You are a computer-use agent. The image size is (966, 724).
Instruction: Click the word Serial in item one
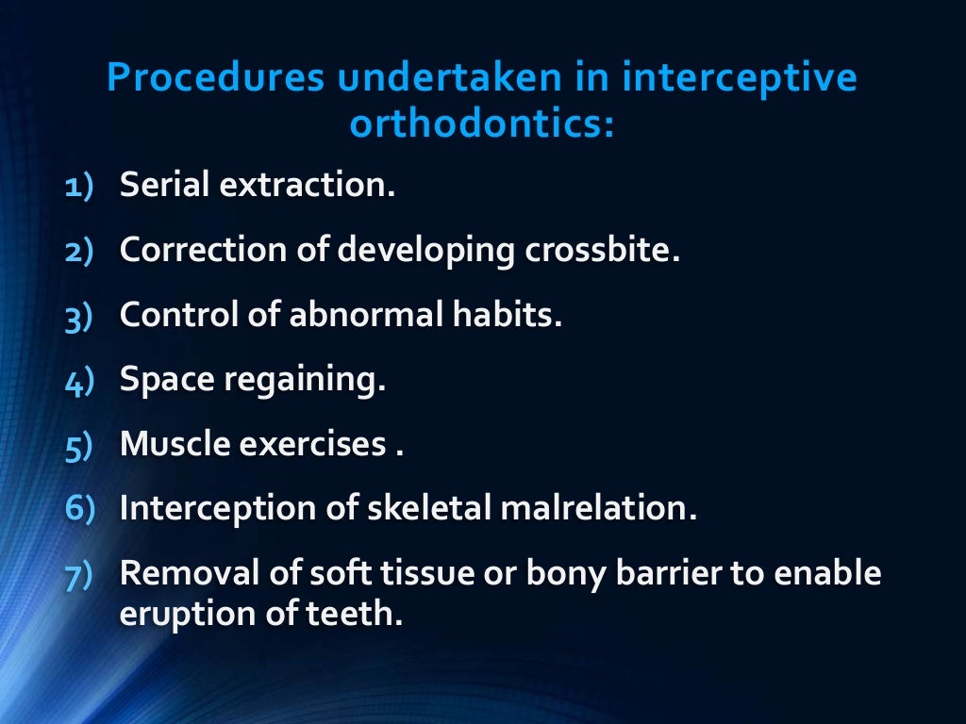(x=164, y=185)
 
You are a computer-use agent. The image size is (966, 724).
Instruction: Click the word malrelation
(x=605, y=509)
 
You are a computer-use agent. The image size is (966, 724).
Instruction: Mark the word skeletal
(x=439, y=509)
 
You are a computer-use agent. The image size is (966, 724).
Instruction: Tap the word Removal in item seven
(x=175, y=573)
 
